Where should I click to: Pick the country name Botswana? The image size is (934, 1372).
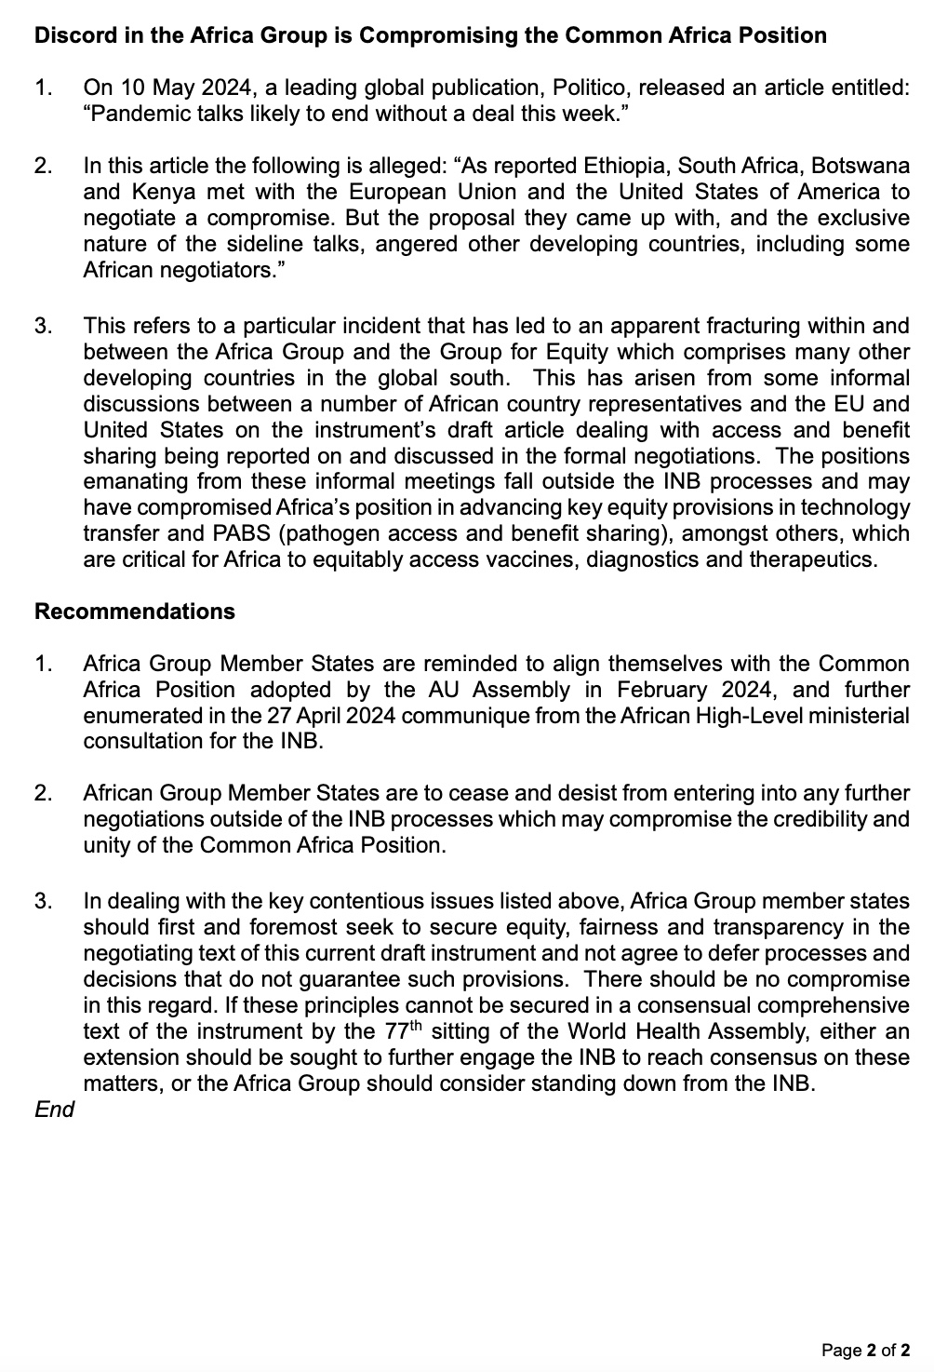[x=861, y=167]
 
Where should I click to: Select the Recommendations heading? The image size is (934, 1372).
[x=135, y=612]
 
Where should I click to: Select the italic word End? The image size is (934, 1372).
[x=54, y=1110]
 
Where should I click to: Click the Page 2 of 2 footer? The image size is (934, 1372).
[x=865, y=1350]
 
